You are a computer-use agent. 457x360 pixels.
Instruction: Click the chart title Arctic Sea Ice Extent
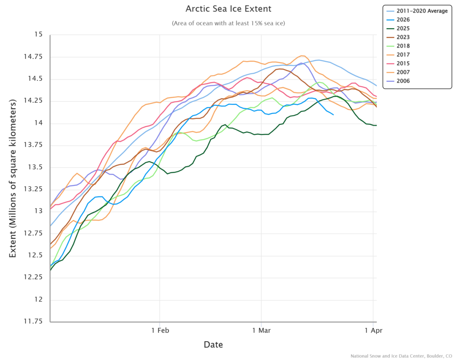coord(228,9)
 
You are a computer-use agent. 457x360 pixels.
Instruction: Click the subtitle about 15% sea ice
coord(228,23)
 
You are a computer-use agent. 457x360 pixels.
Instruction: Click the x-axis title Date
coord(213,345)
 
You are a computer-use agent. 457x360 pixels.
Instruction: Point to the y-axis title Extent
coord(13,178)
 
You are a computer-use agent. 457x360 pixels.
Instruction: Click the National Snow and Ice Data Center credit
coord(401,356)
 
